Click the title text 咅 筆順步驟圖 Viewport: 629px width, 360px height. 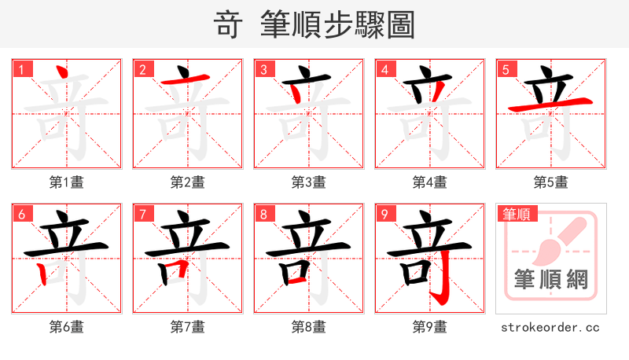click(x=314, y=25)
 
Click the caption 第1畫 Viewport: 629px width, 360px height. click(x=67, y=182)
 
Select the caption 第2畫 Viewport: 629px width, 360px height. click(x=188, y=182)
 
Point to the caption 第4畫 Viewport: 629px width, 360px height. click(x=430, y=182)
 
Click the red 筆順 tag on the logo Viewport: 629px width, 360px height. click(x=518, y=214)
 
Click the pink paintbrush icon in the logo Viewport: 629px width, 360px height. click(x=555, y=240)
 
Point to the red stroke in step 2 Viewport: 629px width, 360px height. click(x=185, y=80)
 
